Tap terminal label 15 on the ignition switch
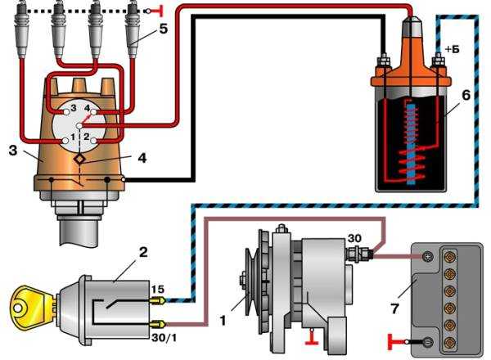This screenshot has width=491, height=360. [x=159, y=289]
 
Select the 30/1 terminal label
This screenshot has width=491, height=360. [x=164, y=337]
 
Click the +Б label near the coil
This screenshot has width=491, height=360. [x=452, y=49]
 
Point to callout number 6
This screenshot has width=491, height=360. [x=466, y=95]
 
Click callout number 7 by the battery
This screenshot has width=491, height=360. [x=395, y=308]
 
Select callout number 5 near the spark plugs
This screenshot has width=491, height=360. [x=163, y=29]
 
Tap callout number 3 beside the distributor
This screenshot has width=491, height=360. [x=13, y=151]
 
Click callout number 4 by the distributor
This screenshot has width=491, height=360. [x=142, y=158]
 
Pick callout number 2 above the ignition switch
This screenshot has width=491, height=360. [x=143, y=252]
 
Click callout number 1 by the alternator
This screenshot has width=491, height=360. [x=223, y=320]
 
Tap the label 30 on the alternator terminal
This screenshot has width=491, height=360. [x=354, y=238]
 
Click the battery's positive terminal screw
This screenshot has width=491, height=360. [x=427, y=257]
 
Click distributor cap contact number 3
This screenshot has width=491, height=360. [x=66, y=112]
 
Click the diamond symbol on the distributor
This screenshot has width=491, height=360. [x=80, y=160]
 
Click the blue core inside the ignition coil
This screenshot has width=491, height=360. [x=411, y=144]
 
